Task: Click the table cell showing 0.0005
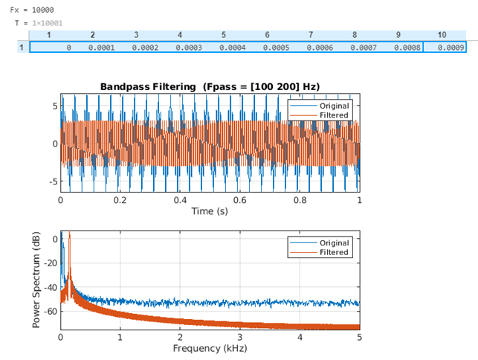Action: [x=276, y=48]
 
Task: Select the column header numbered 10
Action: [x=442, y=35]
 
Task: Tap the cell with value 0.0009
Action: [x=451, y=48]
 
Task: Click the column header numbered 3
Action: [x=136, y=35]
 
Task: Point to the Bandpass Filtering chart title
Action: [x=210, y=87]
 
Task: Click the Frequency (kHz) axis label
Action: [x=210, y=348]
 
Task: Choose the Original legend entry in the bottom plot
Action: [x=334, y=242]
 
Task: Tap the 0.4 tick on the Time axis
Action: [x=180, y=201]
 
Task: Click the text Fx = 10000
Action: [x=27, y=9]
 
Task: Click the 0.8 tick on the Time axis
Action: [x=300, y=201]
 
